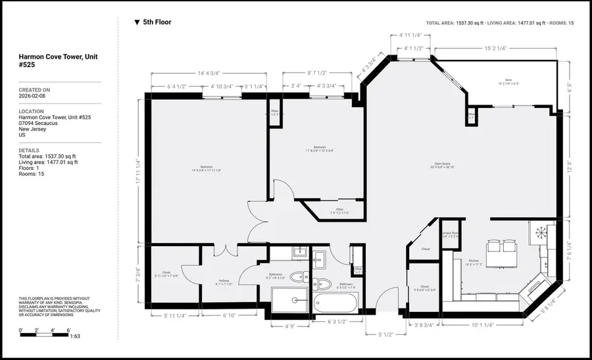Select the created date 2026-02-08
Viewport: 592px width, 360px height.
click(x=32, y=96)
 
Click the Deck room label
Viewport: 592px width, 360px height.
click(x=507, y=81)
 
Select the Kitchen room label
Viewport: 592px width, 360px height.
click(x=475, y=261)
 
